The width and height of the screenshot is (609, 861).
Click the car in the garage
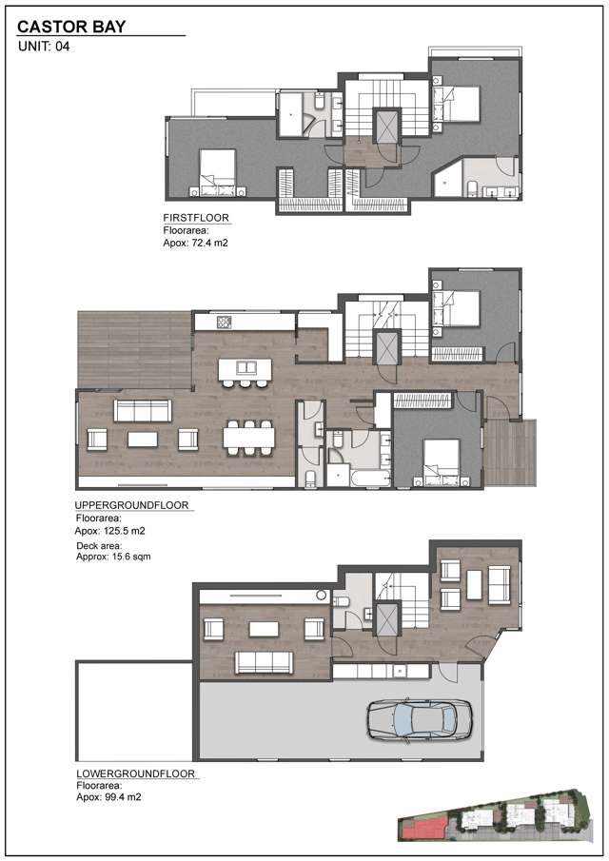coord(419,718)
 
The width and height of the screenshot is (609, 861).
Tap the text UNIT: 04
coord(47,46)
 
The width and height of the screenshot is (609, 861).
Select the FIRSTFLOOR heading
coord(196,218)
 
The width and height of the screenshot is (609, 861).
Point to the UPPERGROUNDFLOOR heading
coord(132,506)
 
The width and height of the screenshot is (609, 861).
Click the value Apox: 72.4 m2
coord(196,244)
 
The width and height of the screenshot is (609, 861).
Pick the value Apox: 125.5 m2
coord(109,531)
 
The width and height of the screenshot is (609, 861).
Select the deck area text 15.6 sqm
coord(109,558)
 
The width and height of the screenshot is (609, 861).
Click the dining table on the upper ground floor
coord(249,439)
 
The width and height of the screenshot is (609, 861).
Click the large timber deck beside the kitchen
coord(134,348)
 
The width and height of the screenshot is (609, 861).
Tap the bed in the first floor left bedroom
coord(219,170)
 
